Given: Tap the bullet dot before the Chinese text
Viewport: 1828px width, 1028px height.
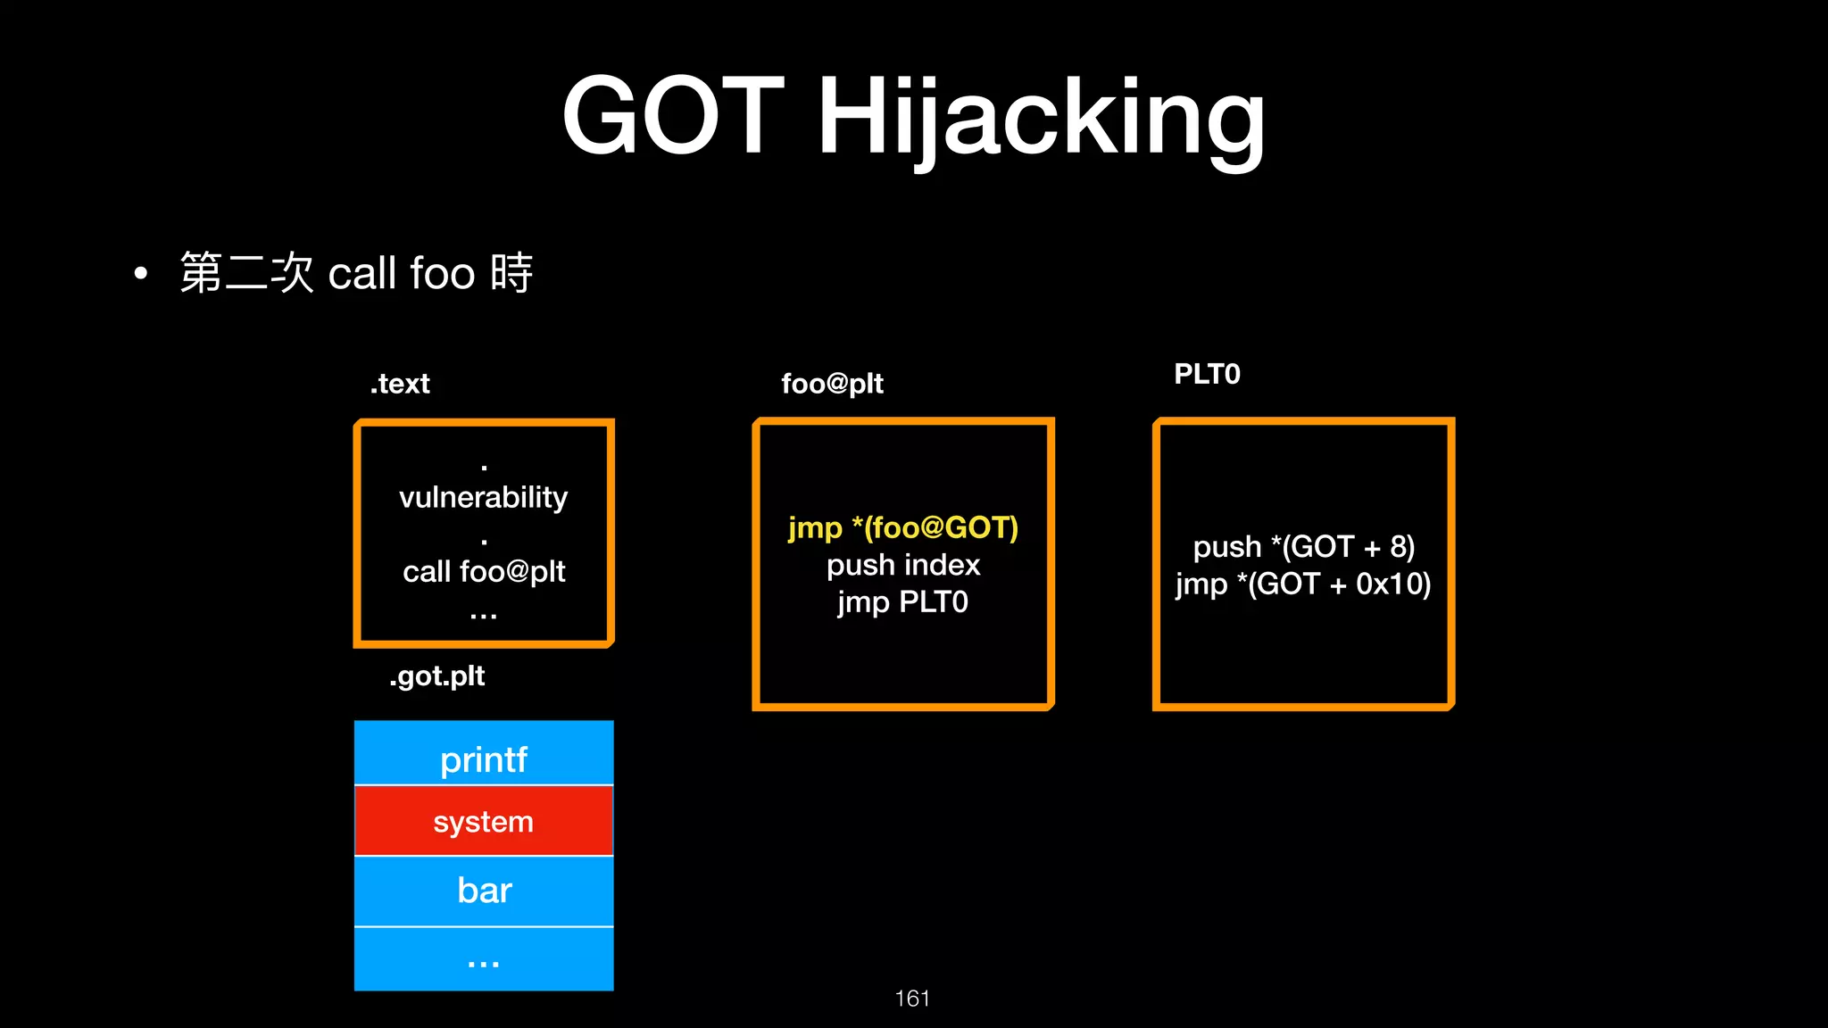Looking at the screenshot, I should click(140, 273).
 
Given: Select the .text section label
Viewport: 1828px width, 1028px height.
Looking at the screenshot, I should click(400, 384).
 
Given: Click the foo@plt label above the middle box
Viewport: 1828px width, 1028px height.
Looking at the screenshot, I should click(832, 384).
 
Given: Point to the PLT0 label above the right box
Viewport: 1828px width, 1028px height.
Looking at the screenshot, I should click(1207, 374).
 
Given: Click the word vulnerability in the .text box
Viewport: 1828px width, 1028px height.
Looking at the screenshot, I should click(483, 497).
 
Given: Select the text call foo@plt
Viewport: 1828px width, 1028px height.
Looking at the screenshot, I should click(484, 571).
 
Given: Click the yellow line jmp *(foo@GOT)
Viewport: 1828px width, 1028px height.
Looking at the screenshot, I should click(902, 527).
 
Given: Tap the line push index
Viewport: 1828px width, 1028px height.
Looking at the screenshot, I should click(902, 565).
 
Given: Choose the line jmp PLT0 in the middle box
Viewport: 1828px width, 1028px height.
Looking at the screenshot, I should click(902, 602).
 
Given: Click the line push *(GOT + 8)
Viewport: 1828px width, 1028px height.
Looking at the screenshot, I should click(1303, 546).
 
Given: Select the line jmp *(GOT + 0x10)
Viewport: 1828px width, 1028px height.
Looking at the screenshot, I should click(1303, 584).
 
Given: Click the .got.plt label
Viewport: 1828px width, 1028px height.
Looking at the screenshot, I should click(436, 676).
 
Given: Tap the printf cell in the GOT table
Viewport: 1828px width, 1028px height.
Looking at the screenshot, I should click(484, 759).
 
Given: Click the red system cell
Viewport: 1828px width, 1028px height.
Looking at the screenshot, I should click(484, 821).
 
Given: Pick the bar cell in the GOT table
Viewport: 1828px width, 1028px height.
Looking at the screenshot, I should click(484, 891).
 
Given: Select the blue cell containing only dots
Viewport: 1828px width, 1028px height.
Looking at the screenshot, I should click(484, 960).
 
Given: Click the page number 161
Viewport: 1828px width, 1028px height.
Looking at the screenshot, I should click(912, 999).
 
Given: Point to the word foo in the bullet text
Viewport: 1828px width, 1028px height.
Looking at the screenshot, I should click(443, 273).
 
